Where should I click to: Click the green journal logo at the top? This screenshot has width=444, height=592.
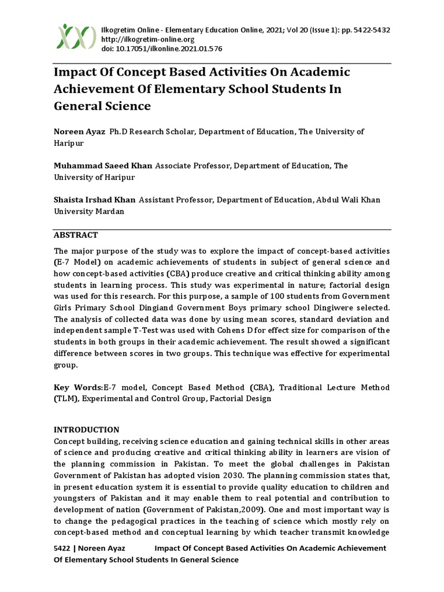[76, 36]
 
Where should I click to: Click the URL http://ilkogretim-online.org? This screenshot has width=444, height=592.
[147, 39]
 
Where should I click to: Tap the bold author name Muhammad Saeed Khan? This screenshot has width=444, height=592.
[103, 166]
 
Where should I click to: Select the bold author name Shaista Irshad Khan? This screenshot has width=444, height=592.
[95, 200]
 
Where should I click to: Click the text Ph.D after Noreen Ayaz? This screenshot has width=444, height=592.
[117, 132]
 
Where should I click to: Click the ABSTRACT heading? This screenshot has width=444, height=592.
[76, 235]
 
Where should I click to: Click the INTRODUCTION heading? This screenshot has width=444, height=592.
[87, 430]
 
